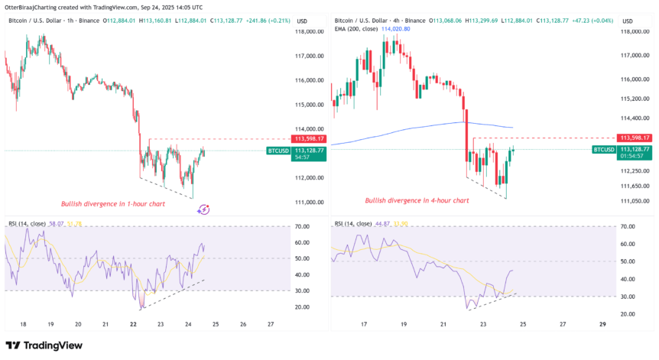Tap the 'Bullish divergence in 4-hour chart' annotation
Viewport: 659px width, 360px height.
417,200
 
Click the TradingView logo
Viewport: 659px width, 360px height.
44,345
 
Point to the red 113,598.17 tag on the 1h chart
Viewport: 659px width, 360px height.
309,138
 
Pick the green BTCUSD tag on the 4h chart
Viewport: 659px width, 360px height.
604,149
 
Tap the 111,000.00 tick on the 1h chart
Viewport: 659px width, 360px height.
310,202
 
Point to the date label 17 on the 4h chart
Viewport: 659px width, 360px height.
364,323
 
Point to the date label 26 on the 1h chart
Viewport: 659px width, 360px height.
243,323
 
